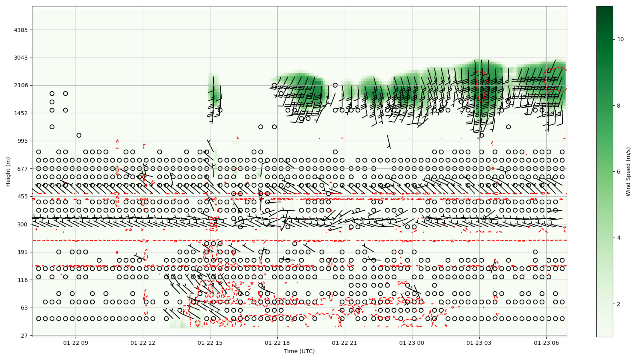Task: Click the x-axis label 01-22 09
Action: click(x=76, y=343)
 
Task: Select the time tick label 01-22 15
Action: click(x=210, y=343)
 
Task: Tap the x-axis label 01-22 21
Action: click(x=344, y=343)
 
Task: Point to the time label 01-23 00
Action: click(x=412, y=343)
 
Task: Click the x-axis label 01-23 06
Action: click(x=546, y=343)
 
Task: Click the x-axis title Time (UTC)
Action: click(x=299, y=352)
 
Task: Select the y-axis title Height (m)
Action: click(x=8, y=172)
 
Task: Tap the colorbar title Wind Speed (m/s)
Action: click(x=628, y=172)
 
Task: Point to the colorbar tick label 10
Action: click(x=620, y=39)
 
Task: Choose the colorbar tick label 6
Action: click(x=619, y=172)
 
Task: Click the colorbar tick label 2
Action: click(x=619, y=304)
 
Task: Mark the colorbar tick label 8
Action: click(x=619, y=106)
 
